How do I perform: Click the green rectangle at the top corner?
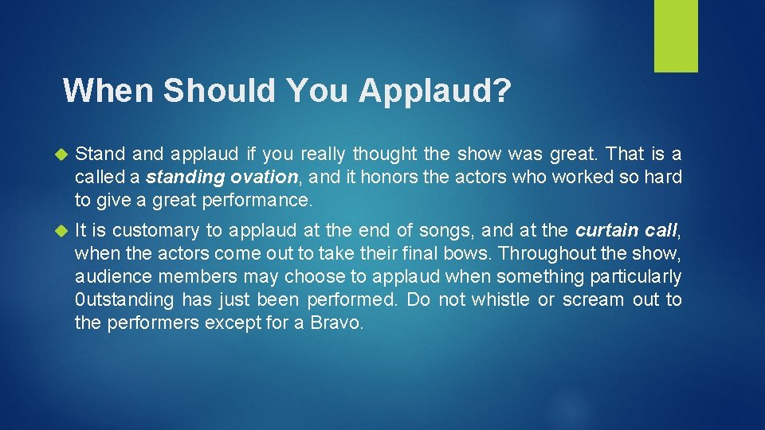coord(676,35)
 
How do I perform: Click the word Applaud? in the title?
coord(434,91)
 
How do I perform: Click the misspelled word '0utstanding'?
coord(124,300)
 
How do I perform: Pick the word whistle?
coord(503,300)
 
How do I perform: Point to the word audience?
coord(112,277)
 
